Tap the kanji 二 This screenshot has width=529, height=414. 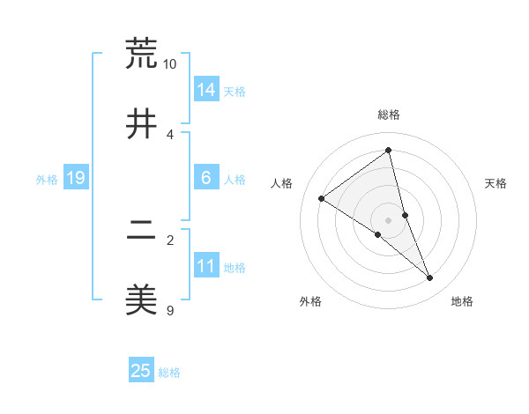pos(141,232)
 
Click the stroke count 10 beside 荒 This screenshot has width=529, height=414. pos(170,64)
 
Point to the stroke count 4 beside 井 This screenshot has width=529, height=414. pos(170,135)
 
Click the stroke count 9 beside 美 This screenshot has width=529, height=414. pos(170,310)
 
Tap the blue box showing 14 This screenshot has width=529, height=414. pos(206,90)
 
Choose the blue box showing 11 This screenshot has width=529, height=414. pos(206,266)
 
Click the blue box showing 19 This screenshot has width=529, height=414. pos(75,179)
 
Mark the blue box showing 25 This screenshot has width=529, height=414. pos(141,371)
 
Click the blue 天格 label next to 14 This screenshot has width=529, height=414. pos(235,91)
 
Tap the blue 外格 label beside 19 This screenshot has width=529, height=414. pos(47,180)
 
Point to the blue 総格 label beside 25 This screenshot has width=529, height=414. pos(169,373)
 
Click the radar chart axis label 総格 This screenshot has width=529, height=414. pos(389,115)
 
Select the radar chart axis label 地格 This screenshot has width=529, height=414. pos(462,301)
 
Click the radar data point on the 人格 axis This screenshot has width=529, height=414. pos(322,199)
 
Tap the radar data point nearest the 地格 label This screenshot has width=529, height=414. pos(430,278)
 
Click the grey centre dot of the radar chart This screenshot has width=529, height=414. pos(389,219)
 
